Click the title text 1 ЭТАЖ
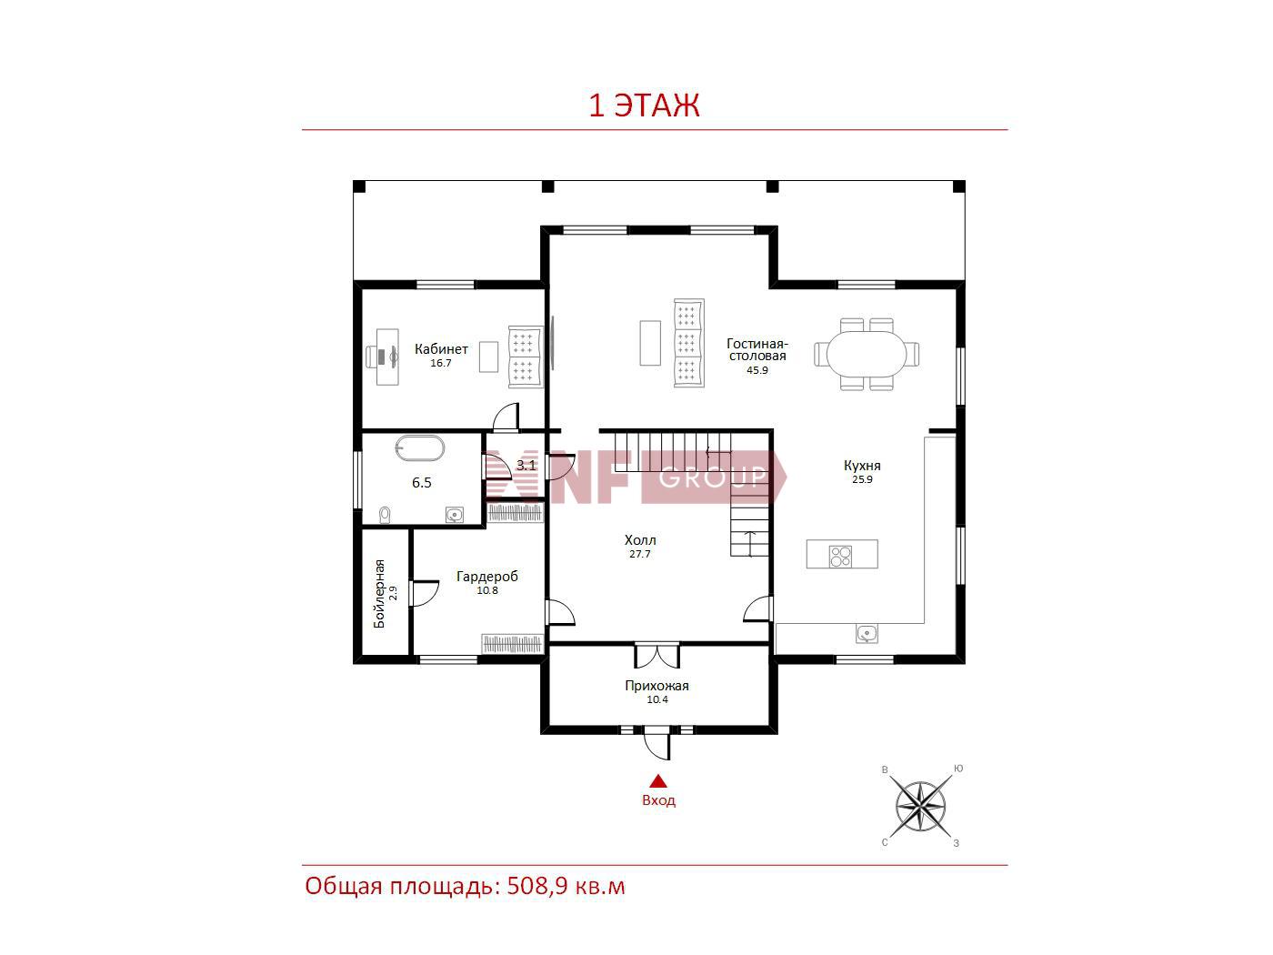tap(644, 106)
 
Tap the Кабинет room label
tap(441, 349)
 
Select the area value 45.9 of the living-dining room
tap(757, 370)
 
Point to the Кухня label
tap(862, 466)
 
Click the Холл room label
tap(640, 540)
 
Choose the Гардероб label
tap(487, 577)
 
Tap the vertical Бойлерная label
tap(379, 593)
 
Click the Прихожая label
tap(657, 686)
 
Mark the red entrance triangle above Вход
tap(657, 781)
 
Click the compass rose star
tap(920, 806)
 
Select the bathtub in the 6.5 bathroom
tap(420, 448)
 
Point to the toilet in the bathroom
tap(384, 515)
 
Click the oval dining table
tap(866, 354)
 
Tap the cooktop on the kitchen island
tap(840, 556)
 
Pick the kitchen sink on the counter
tap(867, 633)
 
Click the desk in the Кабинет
tap(387, 357)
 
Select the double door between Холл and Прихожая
tap(657, 655)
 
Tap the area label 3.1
tap(526, 465)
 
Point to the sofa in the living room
tap(688, 343)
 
